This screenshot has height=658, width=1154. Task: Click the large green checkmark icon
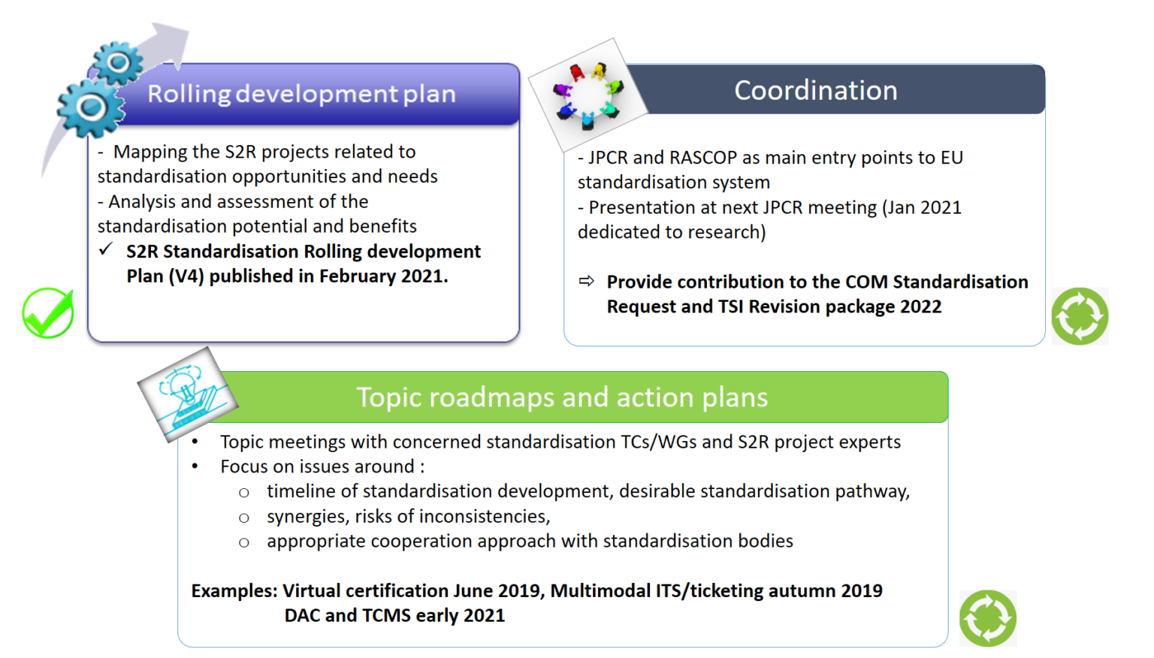48,313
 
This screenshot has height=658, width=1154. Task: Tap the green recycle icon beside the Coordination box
1080,316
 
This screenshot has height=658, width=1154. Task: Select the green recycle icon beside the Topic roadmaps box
987,618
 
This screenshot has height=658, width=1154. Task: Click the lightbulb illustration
187,394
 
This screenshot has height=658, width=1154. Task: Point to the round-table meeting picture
588,95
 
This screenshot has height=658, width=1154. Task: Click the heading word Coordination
815,91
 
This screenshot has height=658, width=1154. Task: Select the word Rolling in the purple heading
189,94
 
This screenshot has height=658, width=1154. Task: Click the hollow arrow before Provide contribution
586,281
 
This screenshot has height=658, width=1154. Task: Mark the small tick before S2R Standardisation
106,249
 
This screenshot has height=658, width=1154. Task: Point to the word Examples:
234,591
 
